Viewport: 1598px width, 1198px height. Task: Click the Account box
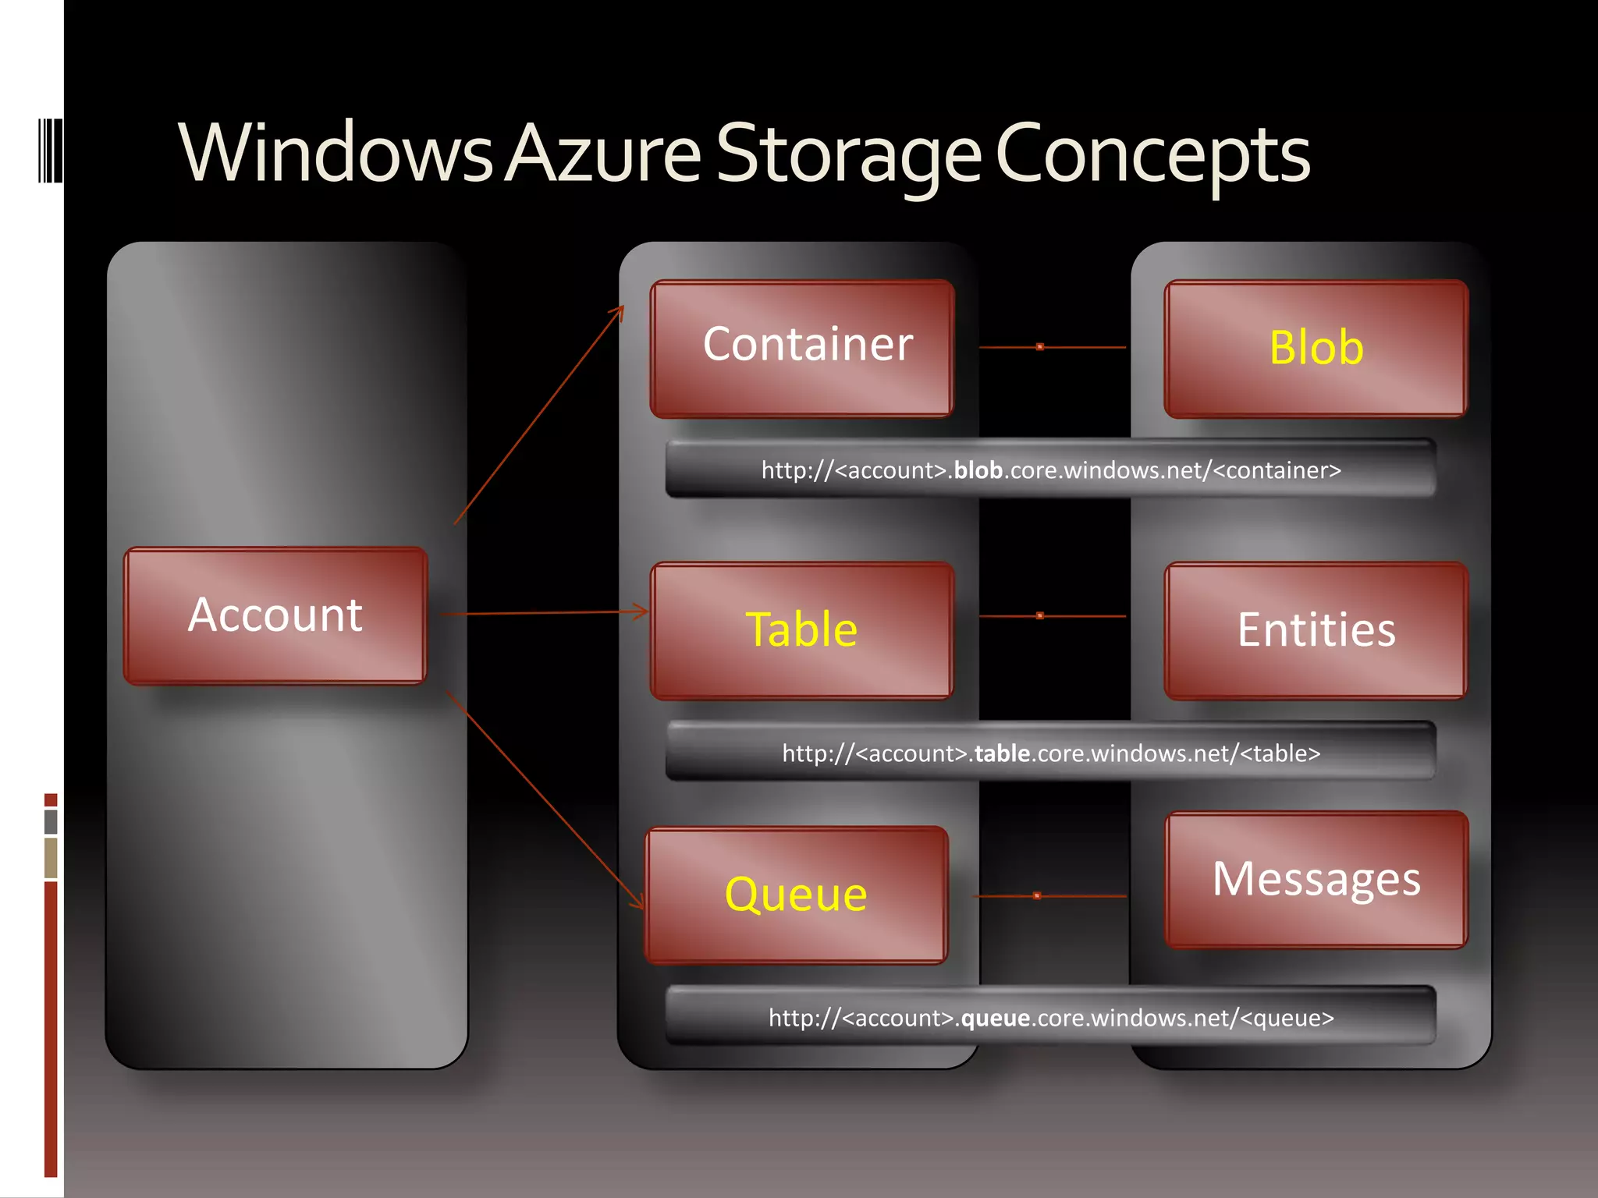click(275, 616)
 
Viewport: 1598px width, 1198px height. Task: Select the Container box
click(802, 349)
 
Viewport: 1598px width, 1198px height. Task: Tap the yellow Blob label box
click(1316, 349)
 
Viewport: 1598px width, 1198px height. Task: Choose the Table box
click(802, 630)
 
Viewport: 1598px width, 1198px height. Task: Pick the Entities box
click(1316, 630)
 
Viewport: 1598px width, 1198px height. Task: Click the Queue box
click(797, 895)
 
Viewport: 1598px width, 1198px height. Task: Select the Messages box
click(1316, 880)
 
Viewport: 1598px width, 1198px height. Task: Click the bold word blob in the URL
click(978, 470)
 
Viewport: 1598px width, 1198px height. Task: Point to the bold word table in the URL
click(1002, 753)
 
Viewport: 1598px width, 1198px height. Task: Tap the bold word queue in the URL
click(995, 1018)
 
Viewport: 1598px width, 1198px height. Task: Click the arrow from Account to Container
click(538, 416)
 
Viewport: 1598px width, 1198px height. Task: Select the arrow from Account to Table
click(544, 614)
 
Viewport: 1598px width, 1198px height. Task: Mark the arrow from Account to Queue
click(545, 799)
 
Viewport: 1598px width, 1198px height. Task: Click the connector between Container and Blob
click(1052, 347)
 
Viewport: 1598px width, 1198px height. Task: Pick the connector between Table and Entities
click(1052, 616)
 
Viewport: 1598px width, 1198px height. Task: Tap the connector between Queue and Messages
click(1049, 896)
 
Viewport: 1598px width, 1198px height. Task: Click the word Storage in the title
click(848, 154)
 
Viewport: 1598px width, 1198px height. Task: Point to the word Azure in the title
click(604, 154)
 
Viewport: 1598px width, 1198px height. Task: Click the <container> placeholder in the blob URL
click(1277, 470)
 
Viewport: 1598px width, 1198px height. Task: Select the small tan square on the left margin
click(51, 858)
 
